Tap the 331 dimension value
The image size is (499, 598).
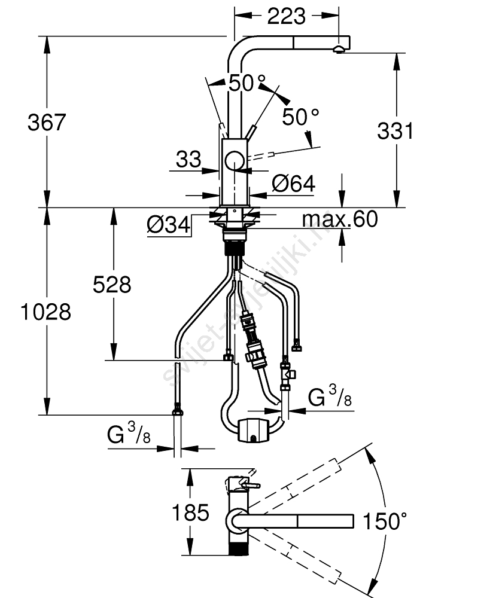(395, 130)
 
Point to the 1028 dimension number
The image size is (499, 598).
(45, 312)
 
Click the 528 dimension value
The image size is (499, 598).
(112, 285)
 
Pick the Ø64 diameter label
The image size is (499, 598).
(293, 184)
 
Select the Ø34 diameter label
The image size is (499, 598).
(168, 225)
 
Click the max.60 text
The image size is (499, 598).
(340, 219)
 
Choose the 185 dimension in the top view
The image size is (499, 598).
(190, 512)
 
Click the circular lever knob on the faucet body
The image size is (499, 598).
(235, 162)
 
